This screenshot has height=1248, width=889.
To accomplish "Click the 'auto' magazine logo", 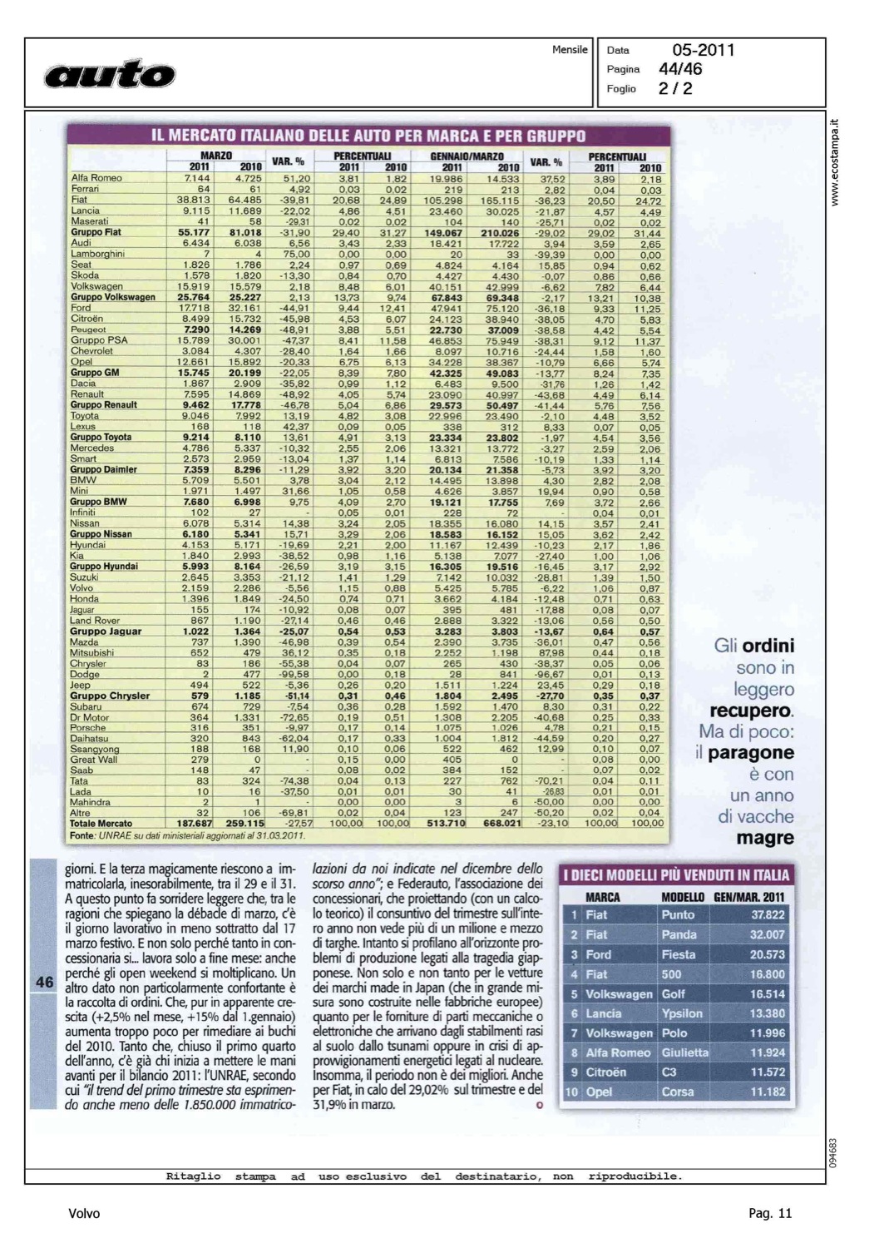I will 111,74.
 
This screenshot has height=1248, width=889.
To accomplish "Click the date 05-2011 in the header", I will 704,50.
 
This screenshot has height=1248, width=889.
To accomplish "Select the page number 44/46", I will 680,69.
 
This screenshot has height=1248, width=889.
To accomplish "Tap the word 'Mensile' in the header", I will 570,50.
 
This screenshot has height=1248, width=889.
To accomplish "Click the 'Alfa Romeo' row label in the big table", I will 96,178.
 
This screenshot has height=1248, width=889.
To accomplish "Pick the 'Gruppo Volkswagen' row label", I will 113,297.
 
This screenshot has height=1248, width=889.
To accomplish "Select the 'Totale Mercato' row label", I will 101,824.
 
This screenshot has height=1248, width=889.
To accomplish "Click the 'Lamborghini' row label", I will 97,254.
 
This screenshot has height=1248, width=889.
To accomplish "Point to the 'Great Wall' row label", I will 94,760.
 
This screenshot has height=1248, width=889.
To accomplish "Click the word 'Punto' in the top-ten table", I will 678,915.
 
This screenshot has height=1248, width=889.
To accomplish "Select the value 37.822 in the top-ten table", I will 768,915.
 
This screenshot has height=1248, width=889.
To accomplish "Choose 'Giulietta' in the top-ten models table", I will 685,1052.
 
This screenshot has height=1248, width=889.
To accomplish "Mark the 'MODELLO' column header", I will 683,897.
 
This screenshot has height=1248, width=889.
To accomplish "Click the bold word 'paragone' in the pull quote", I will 751,753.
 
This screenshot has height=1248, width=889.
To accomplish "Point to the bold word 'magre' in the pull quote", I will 765,839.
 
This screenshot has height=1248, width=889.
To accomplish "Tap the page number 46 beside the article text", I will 45,982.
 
